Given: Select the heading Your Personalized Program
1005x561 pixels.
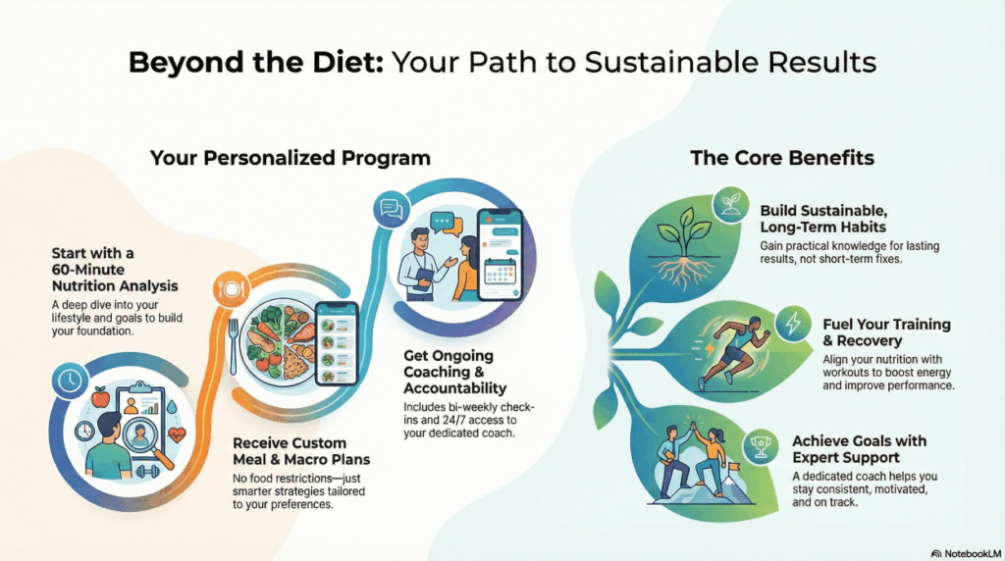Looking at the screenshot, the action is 291,158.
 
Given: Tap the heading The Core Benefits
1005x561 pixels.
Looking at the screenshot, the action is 782,158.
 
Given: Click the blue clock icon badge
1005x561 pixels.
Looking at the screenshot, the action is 70,381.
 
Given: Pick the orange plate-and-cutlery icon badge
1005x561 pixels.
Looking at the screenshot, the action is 231,289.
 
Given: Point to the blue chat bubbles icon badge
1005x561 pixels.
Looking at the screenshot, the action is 391,209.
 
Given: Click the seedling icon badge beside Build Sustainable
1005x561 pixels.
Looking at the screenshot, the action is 730,204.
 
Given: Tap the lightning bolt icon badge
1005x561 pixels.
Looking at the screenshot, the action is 793,323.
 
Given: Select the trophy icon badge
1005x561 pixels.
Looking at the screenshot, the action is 761,446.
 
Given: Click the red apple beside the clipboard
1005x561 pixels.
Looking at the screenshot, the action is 101,397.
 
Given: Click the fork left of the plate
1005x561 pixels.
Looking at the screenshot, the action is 234,346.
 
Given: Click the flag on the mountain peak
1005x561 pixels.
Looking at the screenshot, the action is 733,468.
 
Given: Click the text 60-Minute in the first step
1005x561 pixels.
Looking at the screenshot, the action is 87,270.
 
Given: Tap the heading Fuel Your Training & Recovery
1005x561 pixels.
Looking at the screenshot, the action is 886,332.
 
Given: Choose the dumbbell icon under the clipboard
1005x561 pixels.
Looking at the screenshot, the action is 147,473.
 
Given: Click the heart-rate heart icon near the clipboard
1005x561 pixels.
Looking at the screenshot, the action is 177,435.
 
